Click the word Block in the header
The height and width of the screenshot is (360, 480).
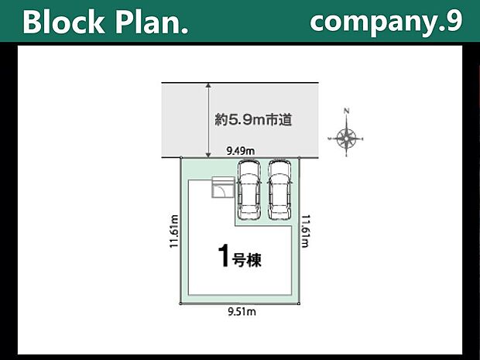pyautogui.click(x=63, y=22)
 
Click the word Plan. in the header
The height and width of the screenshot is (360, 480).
pyautogui.click(x=152, y=22)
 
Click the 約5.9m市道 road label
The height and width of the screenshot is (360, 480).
pyautogui.click(x=253, y=120)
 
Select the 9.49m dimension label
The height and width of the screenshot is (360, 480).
pyautogui.click(x=241, y=151)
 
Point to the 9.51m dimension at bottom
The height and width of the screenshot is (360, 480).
pyautogui.click(x=242, y=312)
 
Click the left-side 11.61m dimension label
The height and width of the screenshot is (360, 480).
pyautogui.click(x=174, y=231)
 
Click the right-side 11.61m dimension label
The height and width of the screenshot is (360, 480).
pyautogui.click(x=306, y=231)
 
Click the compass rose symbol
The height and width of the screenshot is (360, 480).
pyautogui.click(x=346, y=139)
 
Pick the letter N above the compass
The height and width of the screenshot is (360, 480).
pyautogui.click(x=347, y=111)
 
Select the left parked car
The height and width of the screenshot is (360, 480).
pyautogui.click(x=249, y=189)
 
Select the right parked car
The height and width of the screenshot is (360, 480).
pyautogui.click(x=279, y=189)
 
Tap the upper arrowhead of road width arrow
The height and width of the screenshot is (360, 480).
pyautogui.click(x=208, y=85)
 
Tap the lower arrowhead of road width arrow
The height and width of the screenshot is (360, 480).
pyautogui.click(x=208, y=155)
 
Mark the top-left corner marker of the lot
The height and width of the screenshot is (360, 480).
pyautogui.click(x=181, y=158)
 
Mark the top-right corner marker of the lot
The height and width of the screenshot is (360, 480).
pyautogui.click(x=299, y=158)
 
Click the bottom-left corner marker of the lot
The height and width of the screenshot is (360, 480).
pyautogui.click(x=180, y=303)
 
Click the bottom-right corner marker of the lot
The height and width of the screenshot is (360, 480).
pyautogui.click(x=299, y=303)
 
